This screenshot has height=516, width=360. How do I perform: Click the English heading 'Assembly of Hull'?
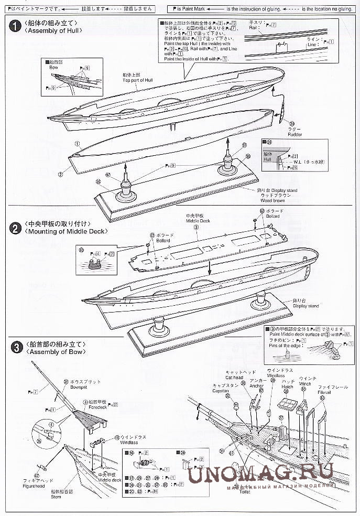click(x=52, y=31)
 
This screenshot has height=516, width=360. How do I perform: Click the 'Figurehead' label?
click(x=36, y=480)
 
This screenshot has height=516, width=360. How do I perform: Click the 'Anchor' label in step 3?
click(x=257, y=386)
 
